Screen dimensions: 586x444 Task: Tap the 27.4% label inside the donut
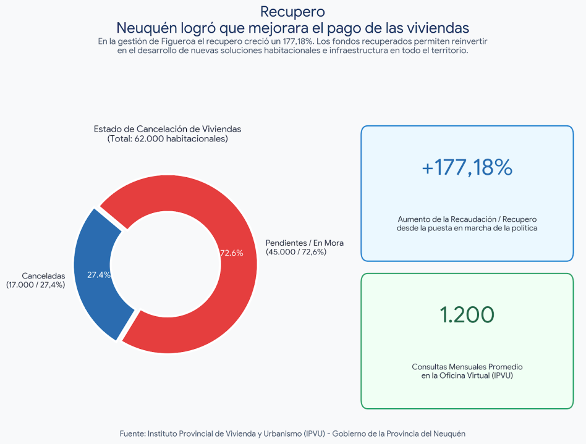pyautogui.click(x=99, y=275)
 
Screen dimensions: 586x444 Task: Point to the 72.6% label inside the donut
pyautogui.click(x=232, y=253)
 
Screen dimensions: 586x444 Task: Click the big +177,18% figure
pyautogui.click(x=467, y=167)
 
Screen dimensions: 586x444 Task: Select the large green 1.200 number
pyautogui.click(x=467, y=314)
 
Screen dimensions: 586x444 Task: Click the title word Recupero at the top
pyautogui.click(x=292, y=12)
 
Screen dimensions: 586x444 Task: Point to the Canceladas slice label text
pyautogui.click(x=43, y=276)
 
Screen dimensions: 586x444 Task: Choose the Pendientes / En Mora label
pyautogui.click(x=305, y=243)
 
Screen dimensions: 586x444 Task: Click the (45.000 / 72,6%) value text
pyautogui.click(x=296, y=252)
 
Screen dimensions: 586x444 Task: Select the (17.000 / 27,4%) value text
pyautogui.click(x=35, y=285)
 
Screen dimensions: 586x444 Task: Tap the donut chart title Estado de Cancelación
pyautogui.click(x=168, y=129)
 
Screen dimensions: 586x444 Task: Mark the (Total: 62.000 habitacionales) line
pyautogui.click(x=168, y=139)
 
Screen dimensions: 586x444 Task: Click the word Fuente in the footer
pyautogui.click(x=132, y=434)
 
